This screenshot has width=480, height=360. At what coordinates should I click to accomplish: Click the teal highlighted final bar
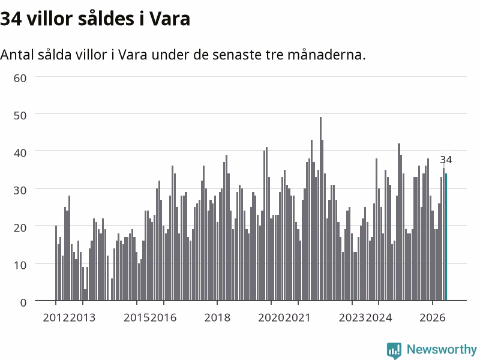[x=446, y=237]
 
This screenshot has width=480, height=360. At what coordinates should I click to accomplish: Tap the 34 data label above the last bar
[x=446, y=160]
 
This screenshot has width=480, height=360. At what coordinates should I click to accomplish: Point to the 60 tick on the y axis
[x=20, y=78]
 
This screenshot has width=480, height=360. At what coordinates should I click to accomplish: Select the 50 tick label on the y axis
[x=20, y=115]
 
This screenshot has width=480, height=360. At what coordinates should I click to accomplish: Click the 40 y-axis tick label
[x=20, y=153]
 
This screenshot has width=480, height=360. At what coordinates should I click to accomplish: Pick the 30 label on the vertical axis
[x=20, y=190]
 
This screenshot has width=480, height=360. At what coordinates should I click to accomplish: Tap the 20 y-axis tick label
[x=20, y=227]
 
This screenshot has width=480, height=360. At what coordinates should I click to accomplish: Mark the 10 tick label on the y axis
[x=20, y=265]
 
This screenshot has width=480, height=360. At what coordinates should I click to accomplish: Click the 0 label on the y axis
[x=23, y=302]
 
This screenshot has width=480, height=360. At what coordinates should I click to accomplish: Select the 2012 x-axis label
[x=56, y=317]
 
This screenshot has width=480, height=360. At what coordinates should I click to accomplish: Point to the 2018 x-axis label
[x=217, y=317]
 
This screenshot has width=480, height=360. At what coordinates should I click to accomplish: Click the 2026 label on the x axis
[x=432, y=317]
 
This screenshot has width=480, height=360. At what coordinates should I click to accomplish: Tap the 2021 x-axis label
[x=297, y=317]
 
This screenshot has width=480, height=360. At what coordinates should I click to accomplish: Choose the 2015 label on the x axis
[x=137, y=317]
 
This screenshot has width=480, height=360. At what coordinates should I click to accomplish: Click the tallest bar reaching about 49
[x=320, y=209]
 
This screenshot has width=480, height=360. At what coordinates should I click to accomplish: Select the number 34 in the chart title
[x=11, y=19]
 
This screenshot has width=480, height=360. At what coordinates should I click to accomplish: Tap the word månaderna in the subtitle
[x=326, y=55]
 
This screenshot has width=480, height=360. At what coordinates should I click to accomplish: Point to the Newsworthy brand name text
[x=442, y=349]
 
